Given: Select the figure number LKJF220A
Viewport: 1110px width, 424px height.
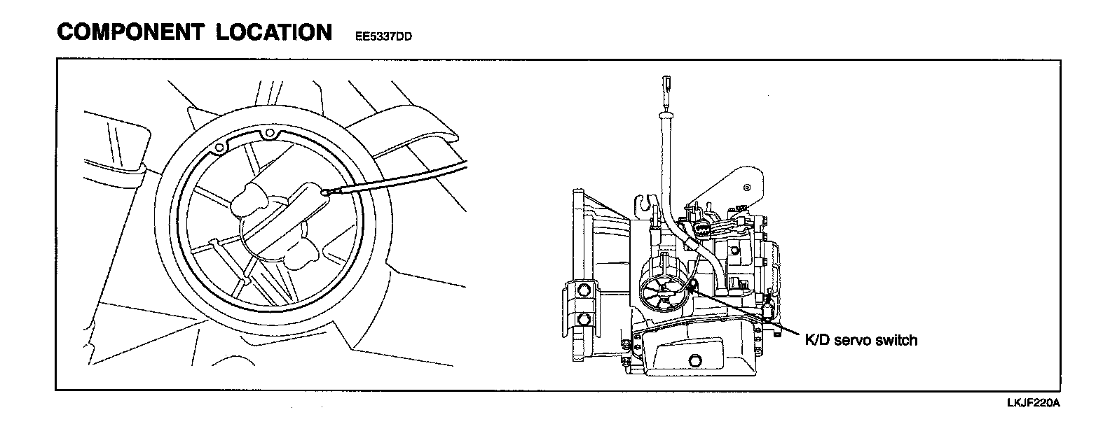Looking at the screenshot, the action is (1032, 403).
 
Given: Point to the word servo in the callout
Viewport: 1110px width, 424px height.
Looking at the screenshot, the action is (851, 341).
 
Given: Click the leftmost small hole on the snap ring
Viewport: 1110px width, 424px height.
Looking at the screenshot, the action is (219, 147).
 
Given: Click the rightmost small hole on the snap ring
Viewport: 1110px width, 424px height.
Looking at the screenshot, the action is (270, 132).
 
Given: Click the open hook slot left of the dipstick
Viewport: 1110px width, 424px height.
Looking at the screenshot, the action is (646, 204).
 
